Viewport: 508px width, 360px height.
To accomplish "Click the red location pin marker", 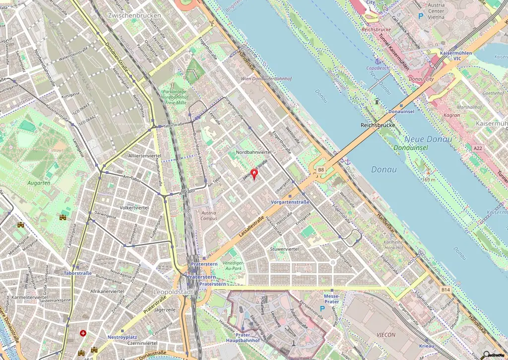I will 254,174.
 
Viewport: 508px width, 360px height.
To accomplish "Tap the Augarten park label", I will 40,183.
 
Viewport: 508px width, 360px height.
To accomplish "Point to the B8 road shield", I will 320,170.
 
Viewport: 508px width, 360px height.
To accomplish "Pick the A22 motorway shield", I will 477,148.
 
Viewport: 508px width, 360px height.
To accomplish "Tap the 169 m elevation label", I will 428,180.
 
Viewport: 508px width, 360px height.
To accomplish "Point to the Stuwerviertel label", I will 284,248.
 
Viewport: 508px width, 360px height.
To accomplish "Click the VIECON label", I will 386,335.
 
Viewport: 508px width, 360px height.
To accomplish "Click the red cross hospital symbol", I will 83,333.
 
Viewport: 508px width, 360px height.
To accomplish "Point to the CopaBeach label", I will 377,68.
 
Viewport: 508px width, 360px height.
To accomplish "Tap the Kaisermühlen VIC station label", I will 450,55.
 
